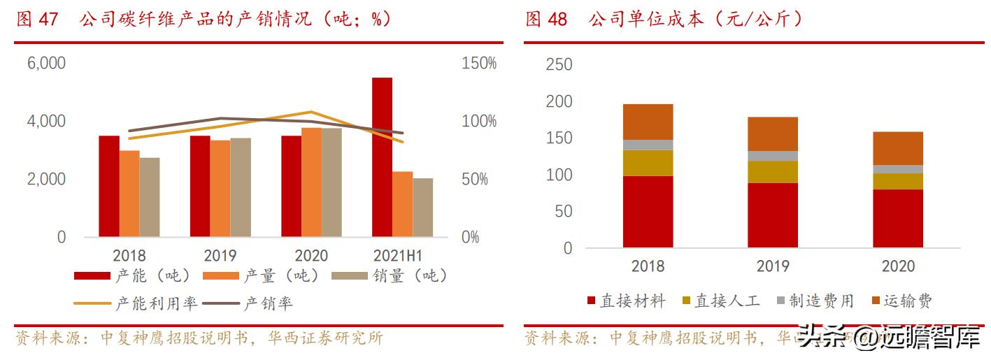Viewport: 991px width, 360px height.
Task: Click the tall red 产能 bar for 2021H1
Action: (x=382, y=157)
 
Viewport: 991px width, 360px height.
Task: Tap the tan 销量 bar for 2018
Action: (x=150, y=197)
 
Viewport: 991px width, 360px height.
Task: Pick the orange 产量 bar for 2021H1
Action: (x=402, y=204)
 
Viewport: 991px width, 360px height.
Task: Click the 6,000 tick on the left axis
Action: (x=46, y=64)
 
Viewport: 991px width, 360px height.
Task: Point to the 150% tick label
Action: (x=479, y=64)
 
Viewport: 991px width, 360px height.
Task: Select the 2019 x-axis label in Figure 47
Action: (x=220, y=256)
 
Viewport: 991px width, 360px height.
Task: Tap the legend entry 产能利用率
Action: (x=136, y=303)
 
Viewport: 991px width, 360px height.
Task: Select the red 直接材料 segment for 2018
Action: (x=648, y=212)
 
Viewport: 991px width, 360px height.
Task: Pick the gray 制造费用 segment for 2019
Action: (x=773, y=156)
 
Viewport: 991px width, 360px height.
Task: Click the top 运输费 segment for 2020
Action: (x=898, y=148)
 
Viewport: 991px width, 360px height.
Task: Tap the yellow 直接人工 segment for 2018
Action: (x=648, y=163)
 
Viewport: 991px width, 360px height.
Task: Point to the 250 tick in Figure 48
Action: (x=558, y=65)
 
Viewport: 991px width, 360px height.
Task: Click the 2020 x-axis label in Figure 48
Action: (x=898, y=266)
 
